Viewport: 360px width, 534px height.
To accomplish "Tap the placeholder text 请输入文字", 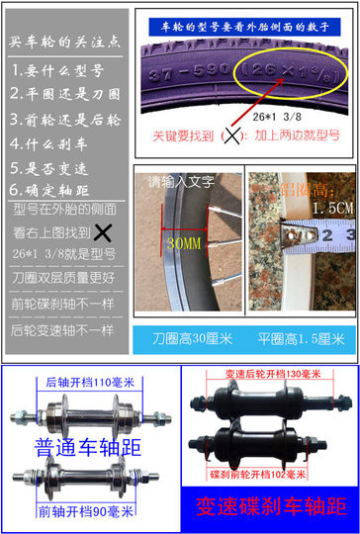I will tap(180, 181).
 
